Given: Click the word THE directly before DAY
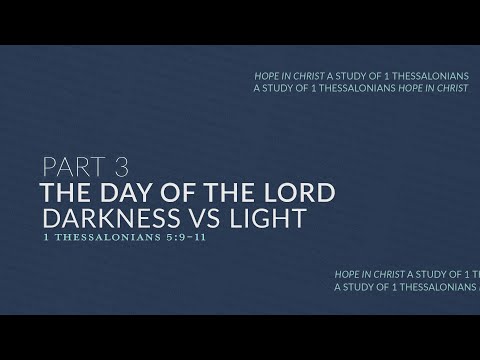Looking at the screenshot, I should click(x=65, y=191).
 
